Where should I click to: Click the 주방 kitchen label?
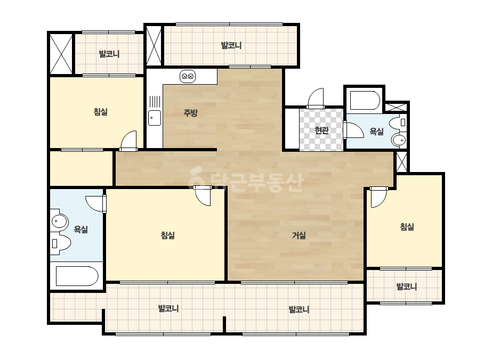pyautogui.click(x=190, y=112)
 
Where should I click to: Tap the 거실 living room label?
pyautogui.click(x=299, y=235)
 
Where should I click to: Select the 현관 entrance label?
pyautogui.click(x=321, y=130)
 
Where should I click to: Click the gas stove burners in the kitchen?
pyautogui.click(x=188, y=76)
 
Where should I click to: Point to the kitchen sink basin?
pyautogui.click(x=155, y=118)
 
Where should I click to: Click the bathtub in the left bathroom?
pyautogui.click(x=77, y=276)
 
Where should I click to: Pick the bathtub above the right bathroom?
pyautogui.click(x=365, y=100)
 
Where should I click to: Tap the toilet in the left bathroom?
pyautogui.click(x=61, y=243)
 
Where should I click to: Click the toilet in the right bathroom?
pyautogui.click(x=398, y=122)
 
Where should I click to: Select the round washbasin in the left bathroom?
pyautogui.click(x=59, y=222)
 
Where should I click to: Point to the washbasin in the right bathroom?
pyautogui.click(x=399, y=140)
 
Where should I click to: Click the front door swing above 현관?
pyautogui.click(x=316, y=99)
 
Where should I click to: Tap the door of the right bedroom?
pyautogui.click(x=378, y=197)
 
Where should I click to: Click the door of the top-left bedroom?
pyautogui.click(x=128, y=141)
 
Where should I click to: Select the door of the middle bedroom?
pyautogui.click(x=203, y=195)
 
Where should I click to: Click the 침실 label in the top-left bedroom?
pyautogui.click(x=101, y=111)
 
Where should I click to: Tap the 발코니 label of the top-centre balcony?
pyautogui.click(x=231, y=45)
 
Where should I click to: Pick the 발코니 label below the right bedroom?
pyautogui.click(x=406, y=287)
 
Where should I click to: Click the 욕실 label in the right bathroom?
pyautogui.click(x=376, y=131)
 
